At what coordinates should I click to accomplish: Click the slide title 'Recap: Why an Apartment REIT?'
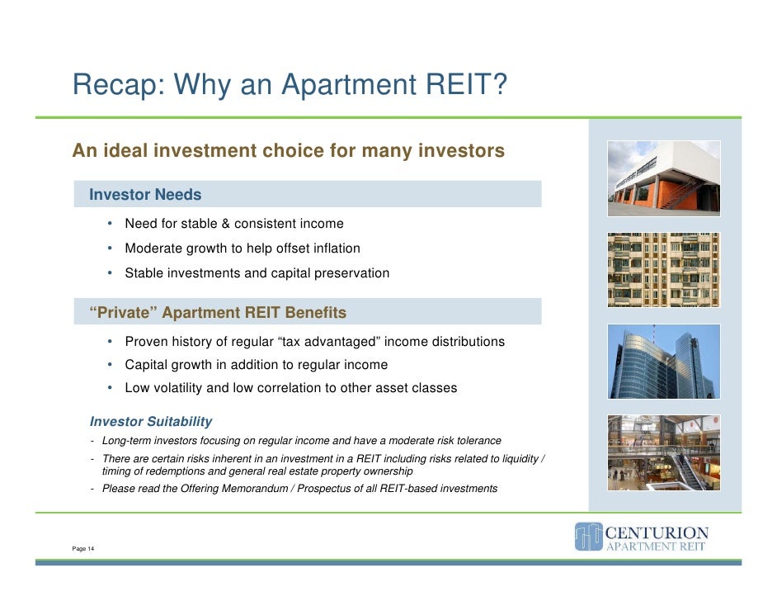289,85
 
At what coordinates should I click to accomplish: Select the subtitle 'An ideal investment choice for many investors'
288,151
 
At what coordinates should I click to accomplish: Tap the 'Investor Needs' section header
145,195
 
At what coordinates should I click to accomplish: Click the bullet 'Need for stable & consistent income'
233,224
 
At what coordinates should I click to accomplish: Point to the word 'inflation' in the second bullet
332,248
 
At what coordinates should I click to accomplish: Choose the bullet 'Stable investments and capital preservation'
257,273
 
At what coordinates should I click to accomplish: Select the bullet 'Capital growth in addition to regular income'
256,365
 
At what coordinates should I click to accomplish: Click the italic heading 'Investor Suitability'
151,422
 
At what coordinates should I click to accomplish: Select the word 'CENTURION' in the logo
657,532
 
